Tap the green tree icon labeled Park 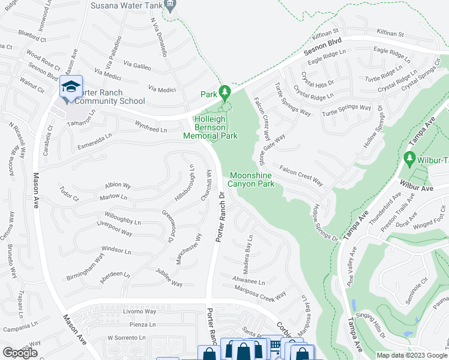(x=226, y=92)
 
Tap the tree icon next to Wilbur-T (x=410, y=158)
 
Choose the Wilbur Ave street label (x=418, y=188)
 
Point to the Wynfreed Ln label (x=150, y=127)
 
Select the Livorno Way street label (x=139, y=311)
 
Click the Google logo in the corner (x=20, y=353)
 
